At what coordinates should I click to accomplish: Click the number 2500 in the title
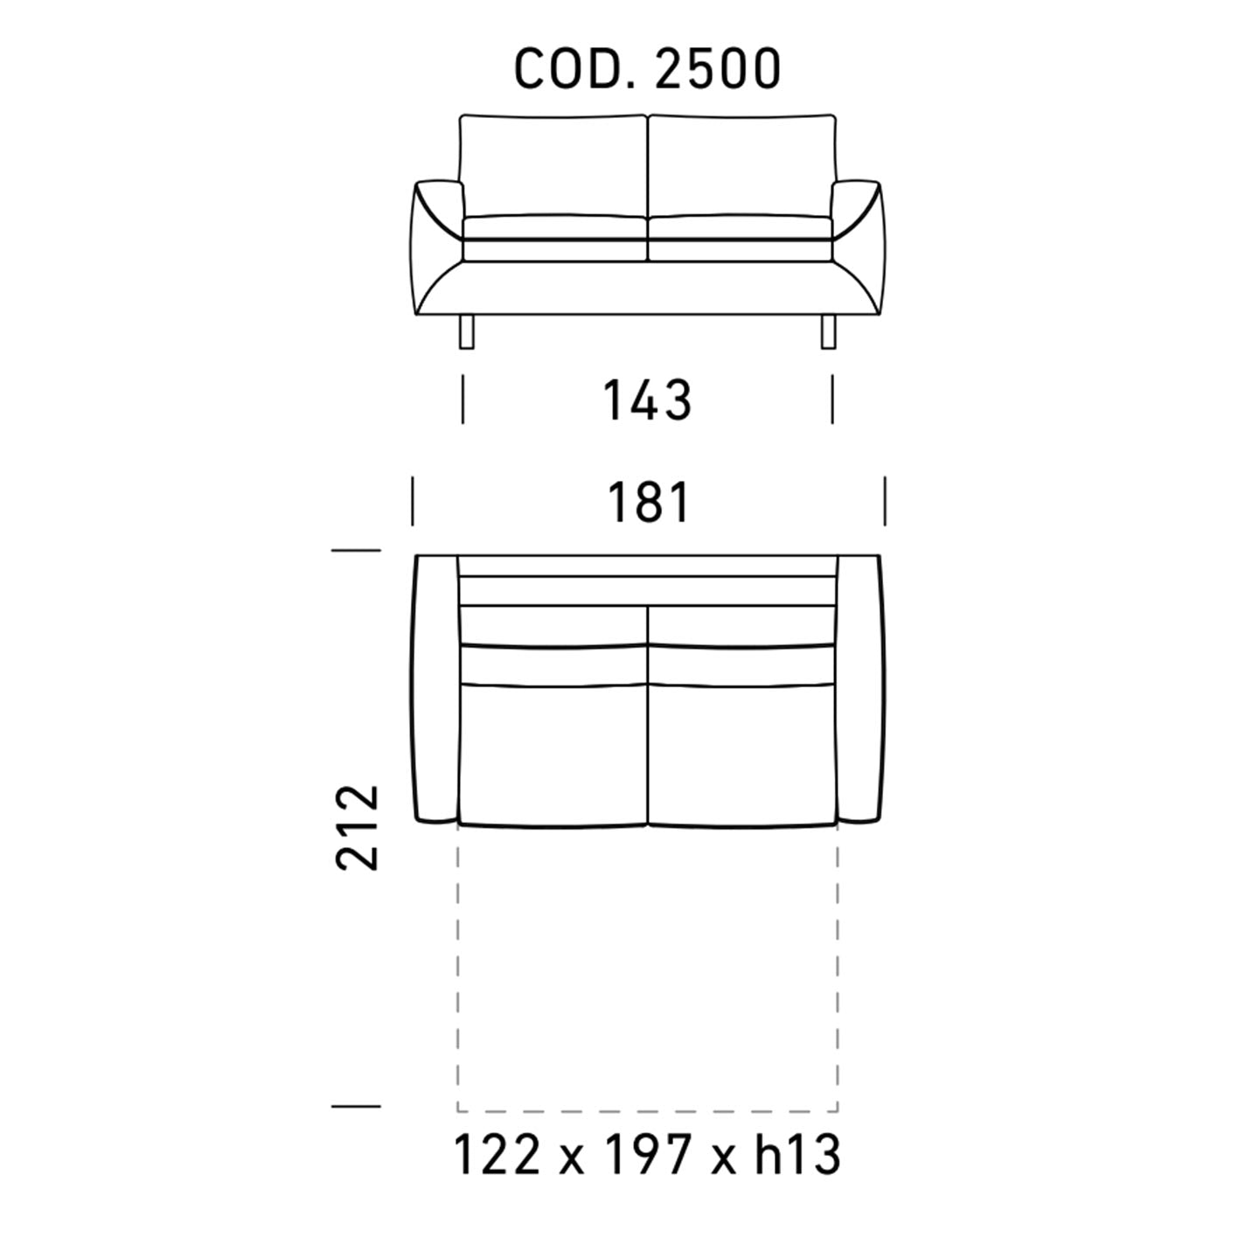[x=718, y=69]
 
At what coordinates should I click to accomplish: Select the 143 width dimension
[x=646, y=400]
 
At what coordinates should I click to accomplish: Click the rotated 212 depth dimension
[x=357, y=827]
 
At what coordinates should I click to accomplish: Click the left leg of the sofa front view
[x=467, y=331]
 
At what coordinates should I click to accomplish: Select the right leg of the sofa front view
[x=828, y=331]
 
